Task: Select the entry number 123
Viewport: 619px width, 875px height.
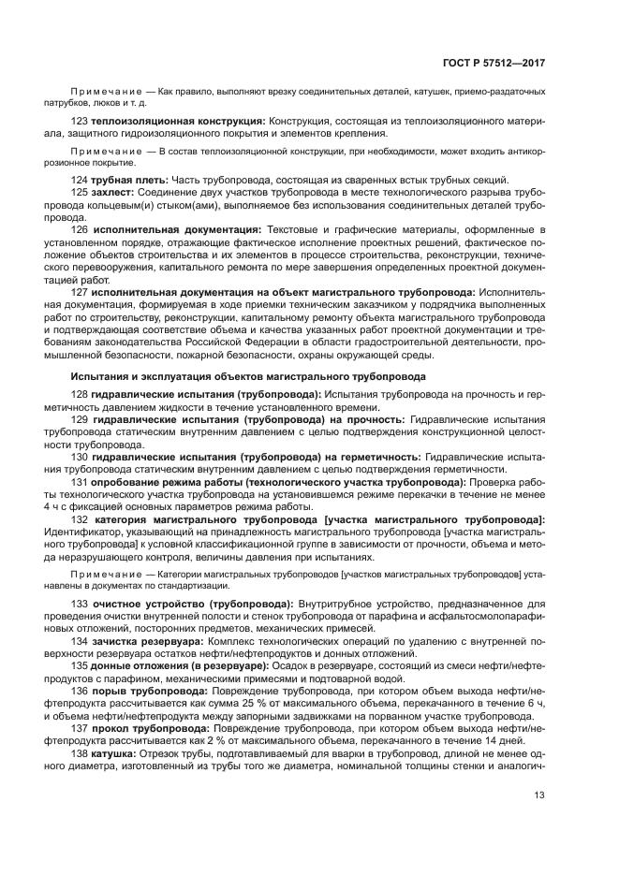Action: [80, 122]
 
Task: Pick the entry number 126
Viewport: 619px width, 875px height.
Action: [80, 228]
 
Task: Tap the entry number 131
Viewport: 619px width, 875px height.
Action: [80, 481]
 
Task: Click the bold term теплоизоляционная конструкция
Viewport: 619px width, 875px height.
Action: [178, 122]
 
